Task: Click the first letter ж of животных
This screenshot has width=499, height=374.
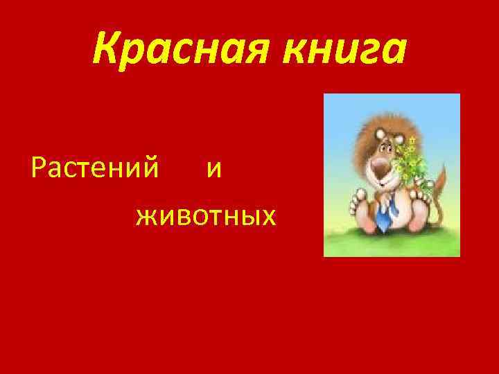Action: tap(146, 219)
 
